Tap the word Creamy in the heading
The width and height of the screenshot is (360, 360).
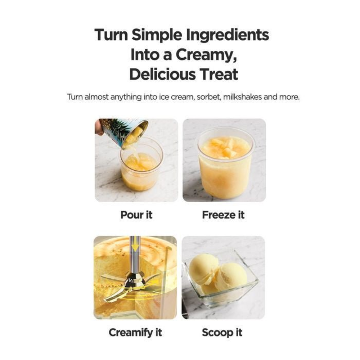[206, 55]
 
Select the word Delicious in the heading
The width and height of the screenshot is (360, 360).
[162, 74]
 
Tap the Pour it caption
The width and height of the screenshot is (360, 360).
[136, 215]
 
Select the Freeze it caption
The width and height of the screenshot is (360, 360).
[223, 215]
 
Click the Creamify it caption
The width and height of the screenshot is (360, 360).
[135, 333]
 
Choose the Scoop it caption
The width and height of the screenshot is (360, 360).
[222, 333]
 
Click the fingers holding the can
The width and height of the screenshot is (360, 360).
[99, 127]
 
